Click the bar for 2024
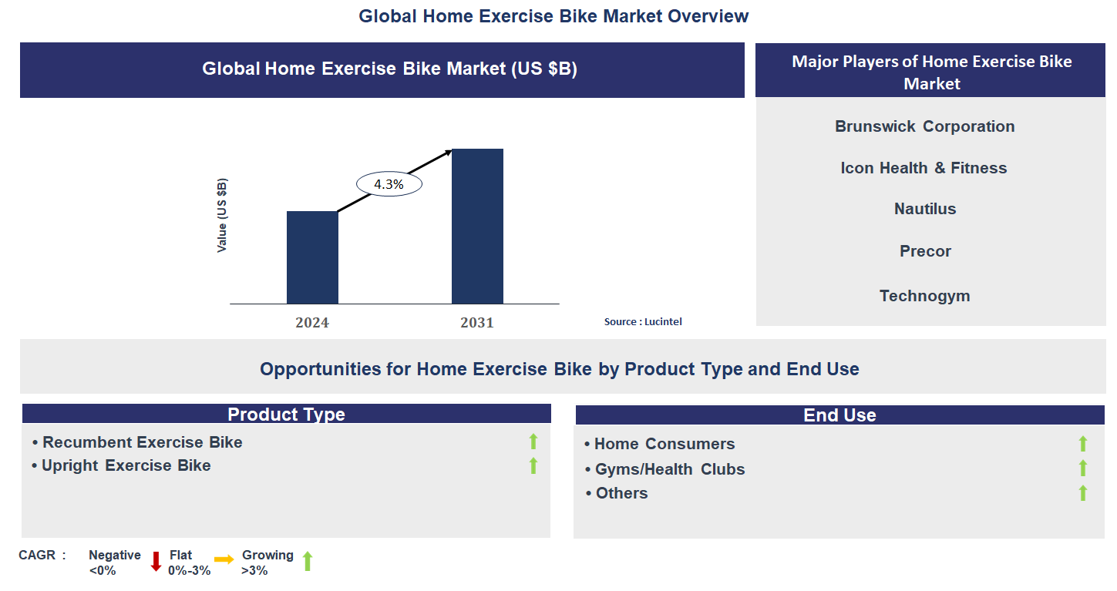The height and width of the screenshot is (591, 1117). [312, 257]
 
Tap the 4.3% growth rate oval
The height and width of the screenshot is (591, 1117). [389, 185]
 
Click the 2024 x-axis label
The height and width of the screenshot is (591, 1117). [312, 323]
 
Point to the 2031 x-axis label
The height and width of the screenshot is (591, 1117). [477, 323]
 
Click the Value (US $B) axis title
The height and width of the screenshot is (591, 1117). [222, 215]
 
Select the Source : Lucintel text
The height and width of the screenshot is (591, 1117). [643, 322]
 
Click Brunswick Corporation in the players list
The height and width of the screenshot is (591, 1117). [924, 126]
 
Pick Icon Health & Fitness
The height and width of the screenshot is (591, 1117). [924, 168]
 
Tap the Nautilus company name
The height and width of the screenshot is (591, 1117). [925, 209]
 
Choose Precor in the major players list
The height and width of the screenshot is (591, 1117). [925, 251]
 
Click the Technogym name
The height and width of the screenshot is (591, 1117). [924, 296]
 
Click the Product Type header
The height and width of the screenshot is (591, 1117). [286, 415]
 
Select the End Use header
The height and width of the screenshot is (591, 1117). [839, 415]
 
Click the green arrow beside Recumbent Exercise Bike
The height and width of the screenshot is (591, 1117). [533, 442]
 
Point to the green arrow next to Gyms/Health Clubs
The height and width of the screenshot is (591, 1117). [1082, 468]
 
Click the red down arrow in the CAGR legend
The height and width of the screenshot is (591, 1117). [156, 561]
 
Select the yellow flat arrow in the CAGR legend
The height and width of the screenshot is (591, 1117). [224, 560]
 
